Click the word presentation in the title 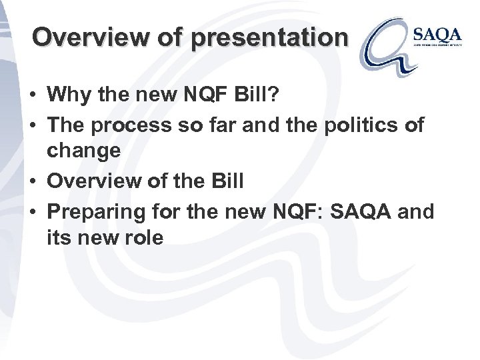[x=269, y=37]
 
